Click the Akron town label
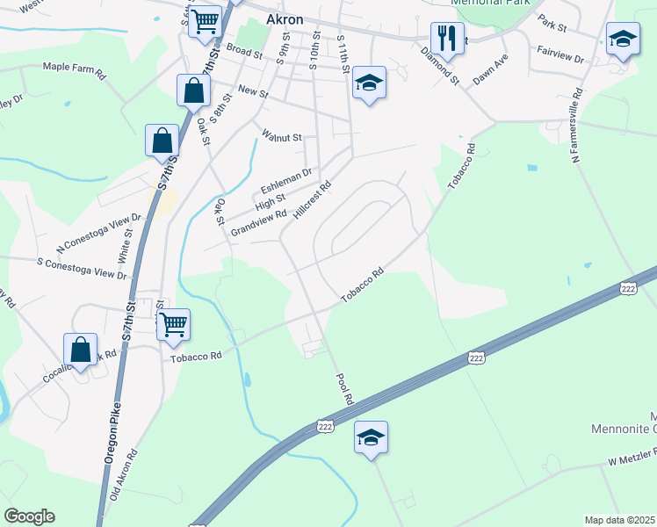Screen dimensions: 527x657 285,20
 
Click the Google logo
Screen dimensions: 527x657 29,516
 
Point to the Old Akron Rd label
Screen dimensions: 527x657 124,474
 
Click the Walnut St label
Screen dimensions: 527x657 282,137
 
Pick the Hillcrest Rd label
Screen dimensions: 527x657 314,200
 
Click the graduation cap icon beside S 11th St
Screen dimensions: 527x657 370,83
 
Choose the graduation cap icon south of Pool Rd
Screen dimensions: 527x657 371,437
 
